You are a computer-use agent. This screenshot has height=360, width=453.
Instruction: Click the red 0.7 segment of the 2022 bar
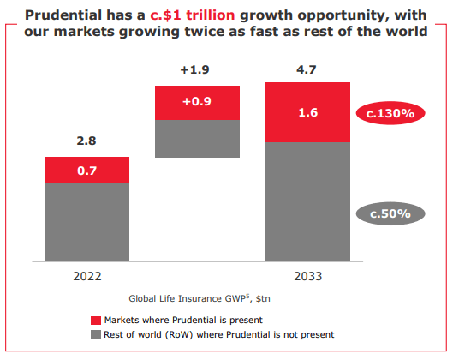pyautogui.click(x=86, y=170)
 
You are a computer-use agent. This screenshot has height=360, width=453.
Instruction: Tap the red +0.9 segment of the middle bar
pyautogui.click(x=197, y=102)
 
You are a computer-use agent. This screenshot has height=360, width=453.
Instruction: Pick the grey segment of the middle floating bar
pyautogui.click(x=197, y=138)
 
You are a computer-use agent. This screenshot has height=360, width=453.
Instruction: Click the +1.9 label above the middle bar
pyautogui.click(x=197, y=69)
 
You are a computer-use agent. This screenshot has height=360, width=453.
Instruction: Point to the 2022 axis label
pyautogui.click(x=86, y=277)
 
